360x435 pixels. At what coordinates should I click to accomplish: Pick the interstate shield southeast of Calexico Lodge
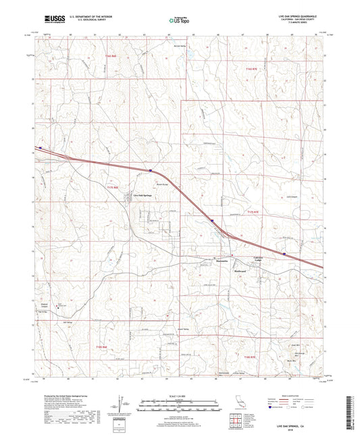pyautogui.click(x=284, y=254)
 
